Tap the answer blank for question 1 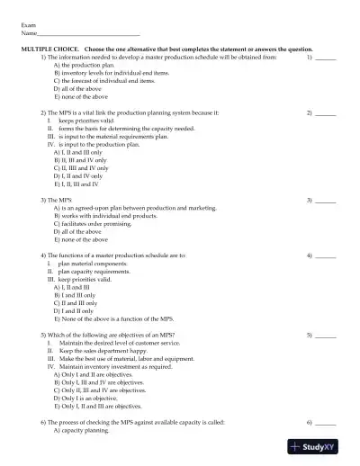click(x=326, y=58)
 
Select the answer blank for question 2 click(x=326, y=114)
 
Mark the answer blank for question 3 click(x=326, y=199)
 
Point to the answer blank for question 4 click(x=326, y=256)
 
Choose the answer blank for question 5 click(x=326, y=334)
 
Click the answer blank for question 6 click(x=326, y=423)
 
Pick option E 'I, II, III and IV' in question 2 click(x=81, y=184)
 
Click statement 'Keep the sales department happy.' click(x=94, y=351)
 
